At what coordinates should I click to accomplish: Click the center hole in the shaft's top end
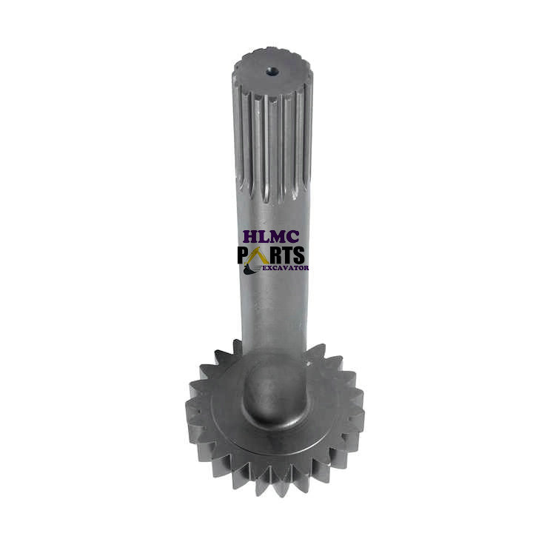[272, 71]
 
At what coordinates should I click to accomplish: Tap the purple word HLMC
[271, 237]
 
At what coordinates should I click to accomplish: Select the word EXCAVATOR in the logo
[286, 268]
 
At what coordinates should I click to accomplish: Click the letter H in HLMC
[250, 237]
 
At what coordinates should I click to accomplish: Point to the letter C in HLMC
[293, 237]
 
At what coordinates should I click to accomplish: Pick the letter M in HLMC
[278, 237]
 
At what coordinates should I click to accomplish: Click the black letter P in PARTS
[244, 255]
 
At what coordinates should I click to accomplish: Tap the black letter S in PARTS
[298, 255]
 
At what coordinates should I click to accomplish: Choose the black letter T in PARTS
[286, 255]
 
